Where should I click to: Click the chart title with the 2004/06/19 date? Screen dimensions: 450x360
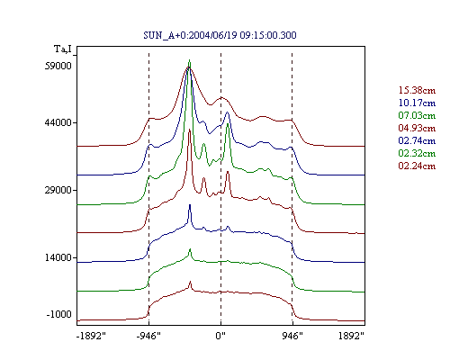(x=220, y=35)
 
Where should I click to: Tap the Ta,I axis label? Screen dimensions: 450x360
(x=63, y=49)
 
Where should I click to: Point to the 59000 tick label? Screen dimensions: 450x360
(x=58, y=66)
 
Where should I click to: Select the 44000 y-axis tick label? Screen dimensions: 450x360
(x=58, y=122)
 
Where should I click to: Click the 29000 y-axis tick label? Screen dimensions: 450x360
(x=58, y=190)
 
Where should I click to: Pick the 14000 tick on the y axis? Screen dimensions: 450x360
(x=58, y=257)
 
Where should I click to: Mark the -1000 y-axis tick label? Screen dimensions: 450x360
(x=58, y=314)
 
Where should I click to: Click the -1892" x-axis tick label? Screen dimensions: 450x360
(x=91, y=336)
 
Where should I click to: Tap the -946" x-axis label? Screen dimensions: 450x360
(x=148, y=336)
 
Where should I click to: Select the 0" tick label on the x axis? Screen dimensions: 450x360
(x=220, y=336)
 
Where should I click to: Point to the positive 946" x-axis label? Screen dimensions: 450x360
(x=292, y=336)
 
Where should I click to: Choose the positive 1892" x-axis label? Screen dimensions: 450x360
(x=351, y=336)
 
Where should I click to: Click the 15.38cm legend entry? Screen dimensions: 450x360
(x=417, y=90)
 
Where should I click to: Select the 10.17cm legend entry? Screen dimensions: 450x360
(x=417, y=103)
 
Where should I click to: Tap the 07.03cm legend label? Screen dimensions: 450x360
(x=417, y=115)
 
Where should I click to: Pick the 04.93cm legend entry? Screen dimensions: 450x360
(x=417, y=128)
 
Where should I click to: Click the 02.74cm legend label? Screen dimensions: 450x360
(x=417, y=140)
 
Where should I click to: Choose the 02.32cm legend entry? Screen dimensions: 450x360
(x=417, y=153)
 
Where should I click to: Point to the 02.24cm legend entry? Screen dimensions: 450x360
(x=417, y=166)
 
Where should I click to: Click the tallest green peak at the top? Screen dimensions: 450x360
(x=189, y=60)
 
